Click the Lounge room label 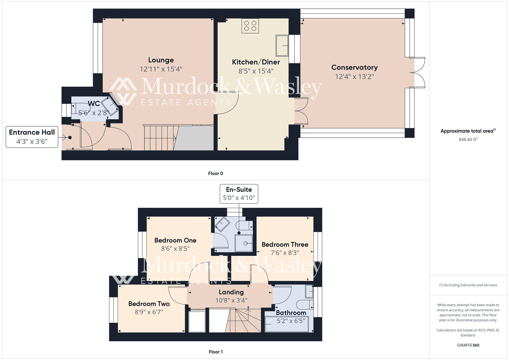point(161,60)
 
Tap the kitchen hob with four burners point(250,26)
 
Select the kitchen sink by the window point(282,45)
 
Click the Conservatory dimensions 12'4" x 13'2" point(354,77)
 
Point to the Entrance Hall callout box point(32,136)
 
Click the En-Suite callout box point(239,194)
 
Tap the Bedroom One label point(175,240)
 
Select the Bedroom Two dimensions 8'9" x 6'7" point(149,312)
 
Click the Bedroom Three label point(285,244)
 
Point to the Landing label point(231,292)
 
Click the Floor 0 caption point(216,173)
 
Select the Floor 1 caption point(216,352)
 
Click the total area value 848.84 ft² point(468,140)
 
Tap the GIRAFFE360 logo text point(468,345)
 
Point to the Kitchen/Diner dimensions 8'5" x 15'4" point(256,71)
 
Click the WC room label point(94,103)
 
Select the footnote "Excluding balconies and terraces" point(468,285)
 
